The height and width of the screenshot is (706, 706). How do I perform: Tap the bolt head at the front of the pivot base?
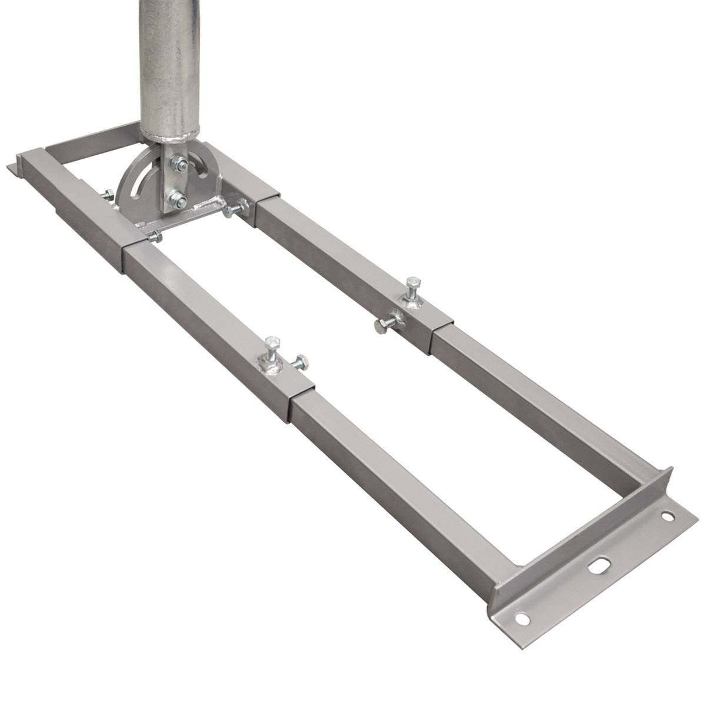tap(154, 237)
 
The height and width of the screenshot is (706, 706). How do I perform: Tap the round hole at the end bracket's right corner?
tap(666, 517)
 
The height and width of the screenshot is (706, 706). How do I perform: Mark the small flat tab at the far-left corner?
tap(13, 168)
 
